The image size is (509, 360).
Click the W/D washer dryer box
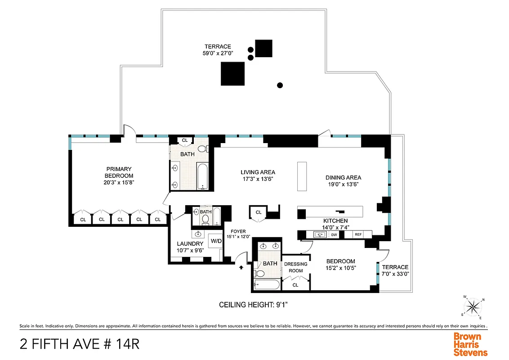216,241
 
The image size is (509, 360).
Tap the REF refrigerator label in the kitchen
358,234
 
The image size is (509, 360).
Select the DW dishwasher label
334,234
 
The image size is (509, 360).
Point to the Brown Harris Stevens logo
470,344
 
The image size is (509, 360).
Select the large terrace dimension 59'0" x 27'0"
218,53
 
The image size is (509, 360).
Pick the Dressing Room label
295,267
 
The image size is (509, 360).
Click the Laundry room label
190,244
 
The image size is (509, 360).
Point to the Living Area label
258,172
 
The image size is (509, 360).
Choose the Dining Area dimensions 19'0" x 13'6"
343,184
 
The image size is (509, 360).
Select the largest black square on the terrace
232,74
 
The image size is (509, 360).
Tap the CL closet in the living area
259,212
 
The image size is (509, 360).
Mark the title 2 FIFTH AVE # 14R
80,344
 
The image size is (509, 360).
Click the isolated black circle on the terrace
280,85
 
